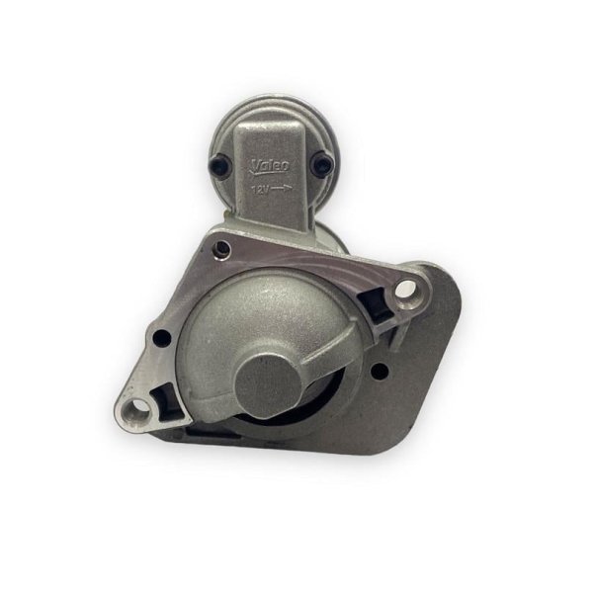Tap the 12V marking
[260, 190]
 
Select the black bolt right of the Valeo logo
[322, 163]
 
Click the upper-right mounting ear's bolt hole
[405, 289]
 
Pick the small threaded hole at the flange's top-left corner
[223, 249]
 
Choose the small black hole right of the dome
[380, 372]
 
